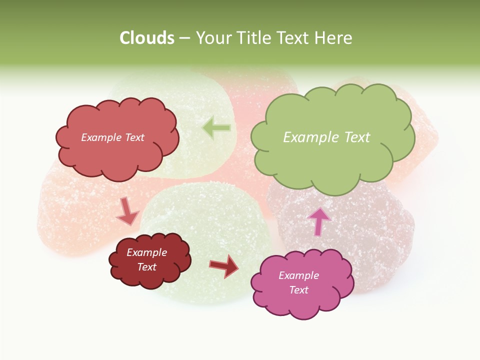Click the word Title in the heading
click(x=254, y=38)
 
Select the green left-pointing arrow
click(x=216, y=128)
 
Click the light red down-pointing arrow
click(x=127, y=212)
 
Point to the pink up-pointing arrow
click(x=319, y=220)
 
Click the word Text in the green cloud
click(x=357, y=137)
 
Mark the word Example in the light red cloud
click(x=101, y=137)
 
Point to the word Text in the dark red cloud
click(x=147, y=267)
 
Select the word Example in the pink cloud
click(x=298, y=275)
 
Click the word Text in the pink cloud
click(x=298, y=290)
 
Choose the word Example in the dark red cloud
click(x=147, y=252)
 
